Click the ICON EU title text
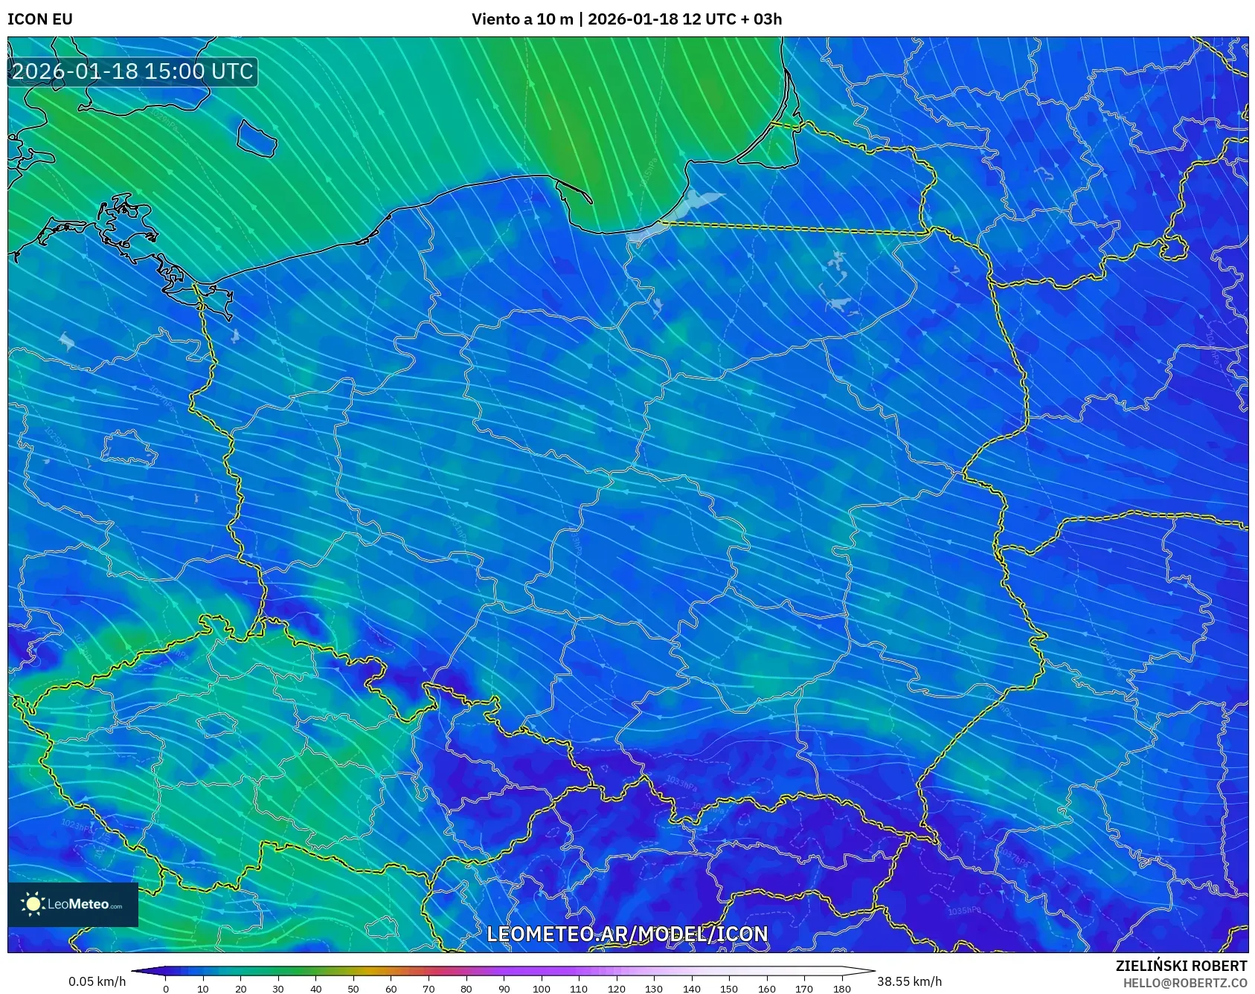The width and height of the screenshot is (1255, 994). [x=40, y=19]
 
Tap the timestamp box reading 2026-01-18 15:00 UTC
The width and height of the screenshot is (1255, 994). [x=132, y=71]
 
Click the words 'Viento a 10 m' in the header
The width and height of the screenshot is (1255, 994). [x=522, y=19]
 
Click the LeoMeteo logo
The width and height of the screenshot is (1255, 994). [x=73, y=904]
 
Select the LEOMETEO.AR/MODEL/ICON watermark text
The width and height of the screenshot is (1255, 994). [x=627, y=934]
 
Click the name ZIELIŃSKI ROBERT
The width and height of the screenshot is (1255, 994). [x=1181, y=966]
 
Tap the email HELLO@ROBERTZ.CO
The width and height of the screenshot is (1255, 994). [x=1184, y=983]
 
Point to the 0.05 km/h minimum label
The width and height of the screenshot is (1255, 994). [x=97, y=981]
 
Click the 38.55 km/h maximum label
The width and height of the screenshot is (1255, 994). [x=909, y=981]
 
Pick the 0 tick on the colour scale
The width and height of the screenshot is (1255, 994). [x=166, y=989]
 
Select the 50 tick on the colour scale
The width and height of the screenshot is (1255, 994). [x=353, y=989]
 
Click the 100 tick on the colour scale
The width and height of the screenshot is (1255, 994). [x=541, y=989]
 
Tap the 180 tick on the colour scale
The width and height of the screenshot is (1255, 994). [x=841, y=989]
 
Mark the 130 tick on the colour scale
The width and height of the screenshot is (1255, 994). [x=654, y=989]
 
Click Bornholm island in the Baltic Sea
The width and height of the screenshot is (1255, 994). [x=257, y=138]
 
